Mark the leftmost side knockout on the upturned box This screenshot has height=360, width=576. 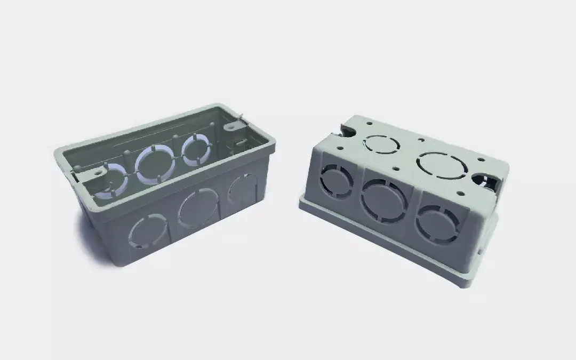tap(336, 181)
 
